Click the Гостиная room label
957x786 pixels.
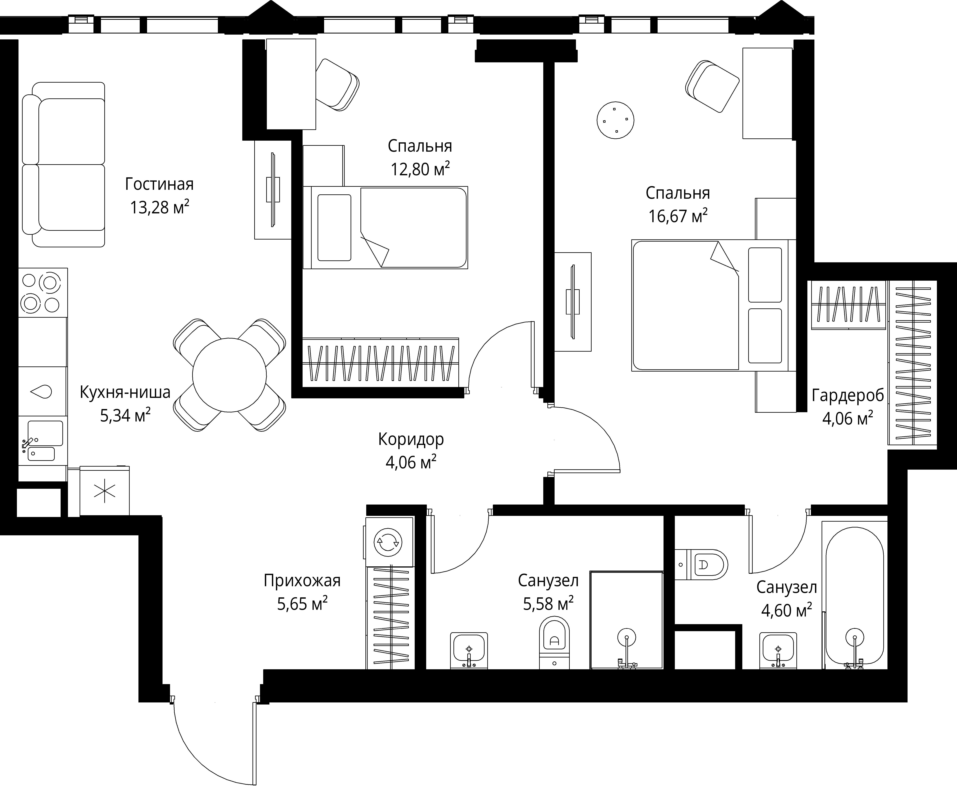(159, 184)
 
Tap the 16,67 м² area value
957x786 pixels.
(678, 216)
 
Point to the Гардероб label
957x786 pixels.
(847, 396)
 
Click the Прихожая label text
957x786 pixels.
(302, 580)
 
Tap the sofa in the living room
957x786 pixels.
(64, 164)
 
